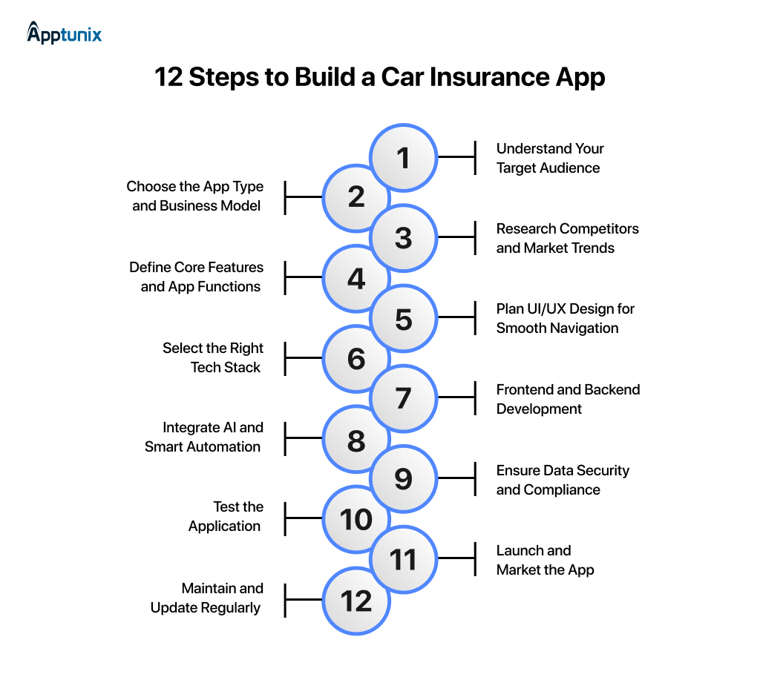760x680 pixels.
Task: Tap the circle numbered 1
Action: [403, 157]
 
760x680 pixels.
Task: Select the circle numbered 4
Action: [356, 278]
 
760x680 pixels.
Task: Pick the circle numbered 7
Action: [403, 398]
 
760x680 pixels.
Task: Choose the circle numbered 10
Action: [356, 519]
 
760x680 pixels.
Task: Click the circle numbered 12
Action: [356, 600]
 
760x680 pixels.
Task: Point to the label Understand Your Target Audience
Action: [549, 158]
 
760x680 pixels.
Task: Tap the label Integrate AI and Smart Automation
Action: [203, 437]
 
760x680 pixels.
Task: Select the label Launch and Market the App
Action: [545, 560]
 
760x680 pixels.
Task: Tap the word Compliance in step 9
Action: [562, 489]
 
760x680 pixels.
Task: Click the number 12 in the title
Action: [169, 78]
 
